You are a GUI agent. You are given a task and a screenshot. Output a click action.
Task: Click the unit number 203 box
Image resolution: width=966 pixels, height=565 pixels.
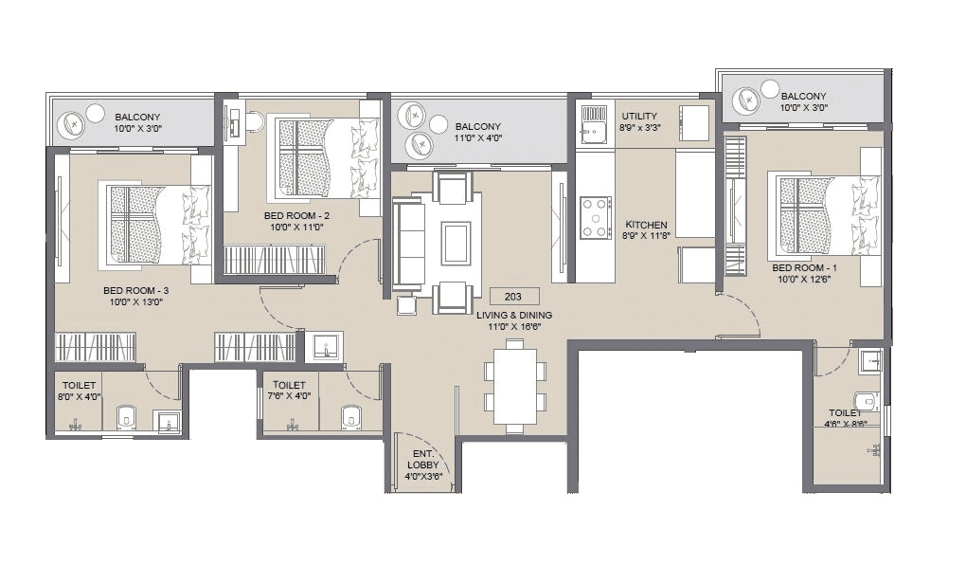pyautogui.click(x=514, y=296)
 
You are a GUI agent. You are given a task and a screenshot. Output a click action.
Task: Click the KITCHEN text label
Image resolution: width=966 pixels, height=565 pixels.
pyautogui.click(x=647, y=225)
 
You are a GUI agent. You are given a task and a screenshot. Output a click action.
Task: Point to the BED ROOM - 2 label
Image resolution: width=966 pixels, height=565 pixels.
pyautogui.click(x=296, y=215)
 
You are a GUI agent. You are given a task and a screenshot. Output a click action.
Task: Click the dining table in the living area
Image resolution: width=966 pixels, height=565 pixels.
pyautogui.click(x=514, y=389)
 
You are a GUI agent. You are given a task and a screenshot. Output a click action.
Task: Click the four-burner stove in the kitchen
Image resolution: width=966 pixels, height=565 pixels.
pyautogui.click(x=595, y=217)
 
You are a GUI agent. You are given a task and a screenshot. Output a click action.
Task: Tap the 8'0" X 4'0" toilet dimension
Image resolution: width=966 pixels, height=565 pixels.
pyautogui.click(x=76, y=397)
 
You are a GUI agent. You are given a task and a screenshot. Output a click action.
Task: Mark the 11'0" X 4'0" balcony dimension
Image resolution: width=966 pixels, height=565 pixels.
pyautogui.click(x=478, y=138)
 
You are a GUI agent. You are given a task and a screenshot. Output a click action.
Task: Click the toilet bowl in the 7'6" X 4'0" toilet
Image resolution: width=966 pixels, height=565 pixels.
pyautogui.click(x=350, y=415)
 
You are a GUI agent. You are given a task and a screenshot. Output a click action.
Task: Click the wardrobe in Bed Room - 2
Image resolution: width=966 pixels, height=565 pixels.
pyautogui.click(x=274, y=260)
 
